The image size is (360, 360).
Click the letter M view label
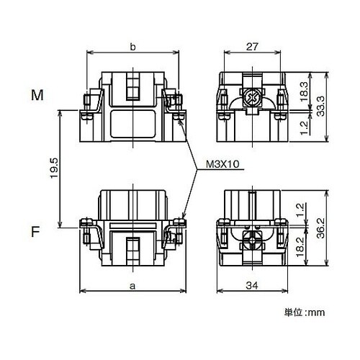click(x=37, y=95)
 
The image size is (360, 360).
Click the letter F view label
click(x=35, y=232)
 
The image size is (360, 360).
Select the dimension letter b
click(x=132, y=47)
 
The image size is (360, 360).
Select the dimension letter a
click(x=132, y=286)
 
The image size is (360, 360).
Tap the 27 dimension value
click(x=252, y=47)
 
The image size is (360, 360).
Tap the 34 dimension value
click(x=252, y=286)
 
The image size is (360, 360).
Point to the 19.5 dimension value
click(x=54, y=168)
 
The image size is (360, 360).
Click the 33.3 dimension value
click(x=320, y=107)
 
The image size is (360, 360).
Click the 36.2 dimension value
click(x=320, y=228)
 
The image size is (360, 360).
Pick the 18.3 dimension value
click(x=304, y=92)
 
